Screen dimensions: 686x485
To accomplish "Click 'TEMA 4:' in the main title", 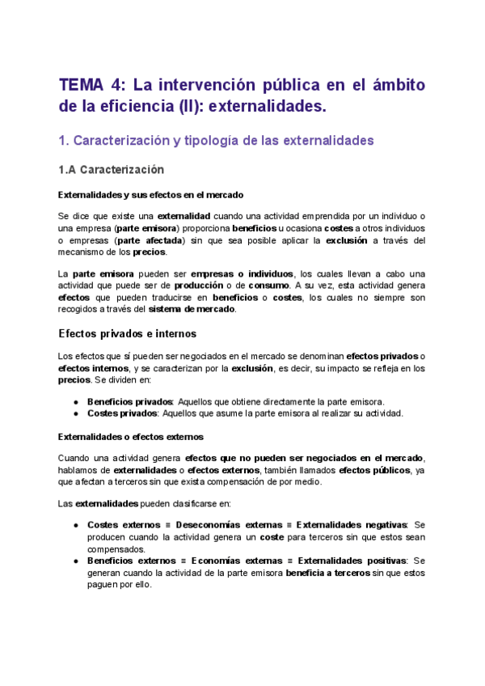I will (91, 85).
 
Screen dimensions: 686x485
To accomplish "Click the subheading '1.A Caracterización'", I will (111, 170).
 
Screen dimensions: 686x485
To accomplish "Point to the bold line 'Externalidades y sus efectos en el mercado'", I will (151, 195).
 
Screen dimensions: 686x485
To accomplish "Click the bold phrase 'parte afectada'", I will (150, 240).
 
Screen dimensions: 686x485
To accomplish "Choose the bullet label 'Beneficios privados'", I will (129, 402).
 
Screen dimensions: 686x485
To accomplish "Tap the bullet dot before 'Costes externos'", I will (75, 525).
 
